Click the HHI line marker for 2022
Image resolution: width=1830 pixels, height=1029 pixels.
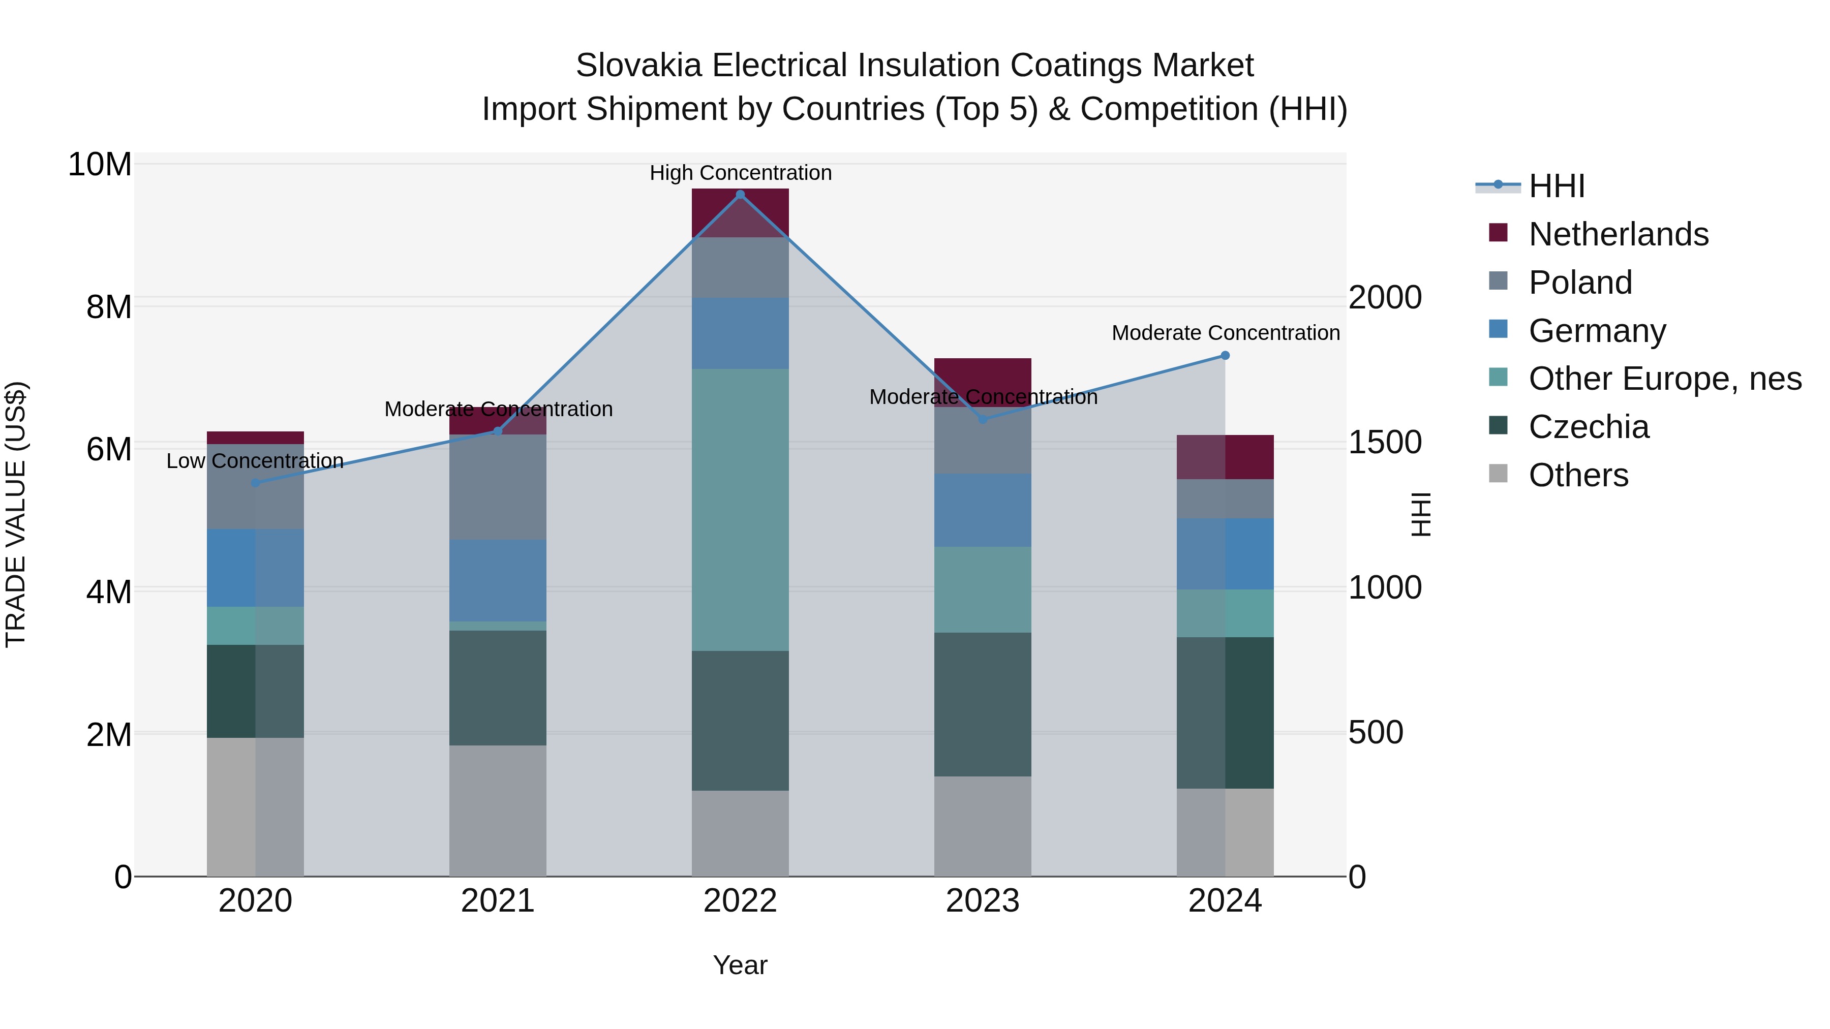pyautogui.click(x=740, y=195)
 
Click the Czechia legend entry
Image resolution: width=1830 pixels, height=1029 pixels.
pyautogui.click(x=1589, y=427)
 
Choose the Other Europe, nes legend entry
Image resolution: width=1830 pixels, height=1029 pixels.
pyautogui.click(x=1664, y=379)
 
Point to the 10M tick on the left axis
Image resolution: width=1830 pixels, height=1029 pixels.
pyautogui.click(x=100, y=165)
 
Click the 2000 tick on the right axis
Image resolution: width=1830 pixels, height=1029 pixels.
pyautogui.click(x=1385, y=298)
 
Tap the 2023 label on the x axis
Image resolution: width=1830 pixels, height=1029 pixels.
pyautogui.click(x=983, y=901)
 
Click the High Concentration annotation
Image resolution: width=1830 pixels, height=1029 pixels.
pyautogui.click(x=740, y=173)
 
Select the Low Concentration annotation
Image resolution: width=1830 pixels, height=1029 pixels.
pyautogui.click(x=255, y=461)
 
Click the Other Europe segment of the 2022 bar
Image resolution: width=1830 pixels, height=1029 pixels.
pyautogui.click(x=740, y=509)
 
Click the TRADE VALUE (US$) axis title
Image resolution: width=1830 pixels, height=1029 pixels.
pyautogui.click(x=16, y=514)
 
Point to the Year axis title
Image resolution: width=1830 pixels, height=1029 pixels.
pyautogui.click(x=740, y=966)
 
